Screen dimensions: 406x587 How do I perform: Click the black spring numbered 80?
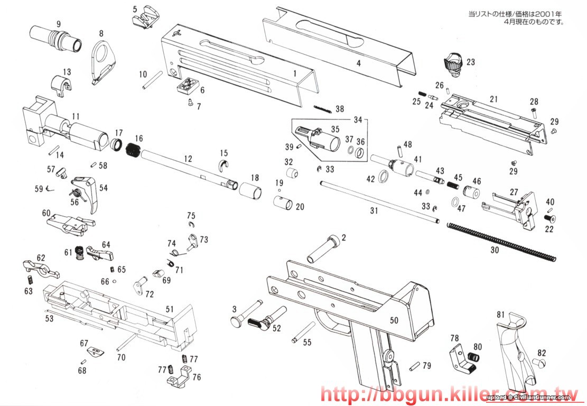(x=474, y=358)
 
